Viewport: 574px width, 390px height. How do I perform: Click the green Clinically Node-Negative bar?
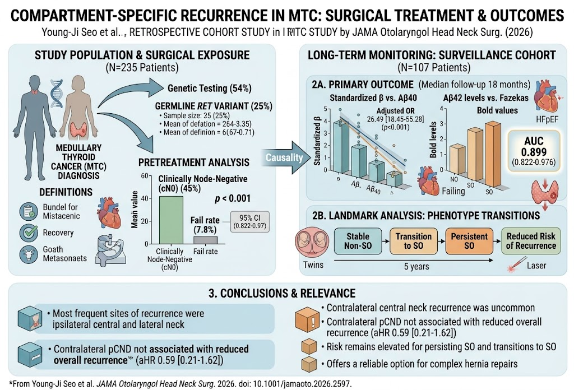click(x=171, y=220)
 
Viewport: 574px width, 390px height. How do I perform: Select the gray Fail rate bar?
click(x=205, y=240)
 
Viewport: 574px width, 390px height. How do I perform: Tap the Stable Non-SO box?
click(x=358, y=241)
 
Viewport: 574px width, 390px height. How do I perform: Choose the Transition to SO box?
click(x=413, y=241)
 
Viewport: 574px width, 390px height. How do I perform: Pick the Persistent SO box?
click(x=469, y=241)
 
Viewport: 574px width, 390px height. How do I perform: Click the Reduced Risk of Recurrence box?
click(x=531, y=241)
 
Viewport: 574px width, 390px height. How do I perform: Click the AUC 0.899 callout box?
click(x=534, y=151)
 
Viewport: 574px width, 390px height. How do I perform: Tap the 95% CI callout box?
click(x=249, y=222)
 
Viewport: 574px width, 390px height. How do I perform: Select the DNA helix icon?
click(x=57, y=93)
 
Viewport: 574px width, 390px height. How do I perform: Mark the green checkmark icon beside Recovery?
click(x=29, y=233)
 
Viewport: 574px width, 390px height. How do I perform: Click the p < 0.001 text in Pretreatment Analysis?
click(x=233, y=199)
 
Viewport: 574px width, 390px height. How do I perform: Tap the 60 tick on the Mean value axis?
click(x=144, y=176)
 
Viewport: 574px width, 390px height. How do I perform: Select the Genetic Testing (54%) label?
click(x=210, y=88)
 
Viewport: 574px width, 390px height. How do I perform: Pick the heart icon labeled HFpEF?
click(x=546, y=96)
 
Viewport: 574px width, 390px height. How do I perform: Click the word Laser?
click(x=536, y=266)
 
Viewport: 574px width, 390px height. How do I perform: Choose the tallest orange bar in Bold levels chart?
click(x=492, y=154)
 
